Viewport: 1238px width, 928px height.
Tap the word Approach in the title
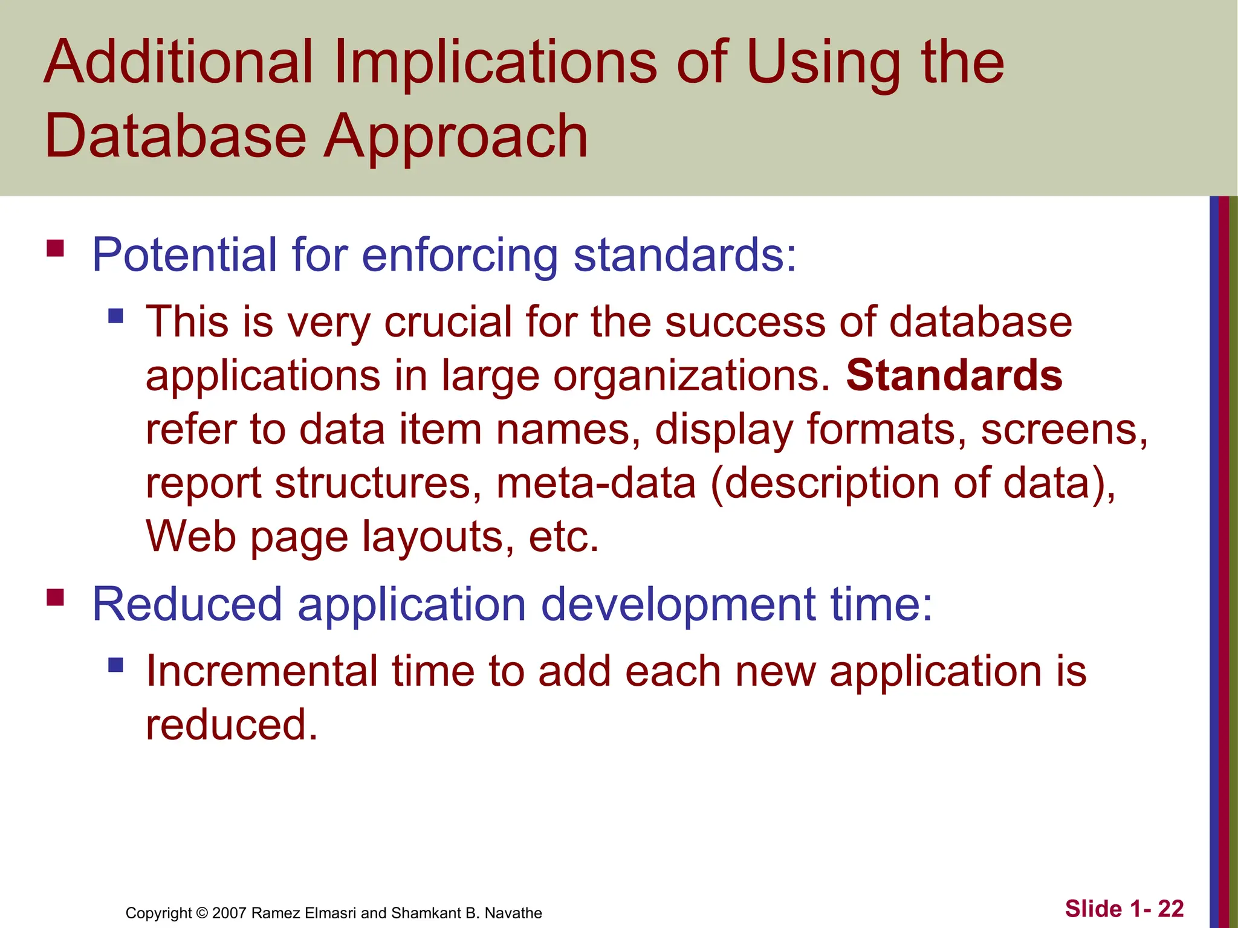coord(456,138)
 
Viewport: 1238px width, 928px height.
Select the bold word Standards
coord(954,376)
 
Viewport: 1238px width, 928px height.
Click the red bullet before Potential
coord(55,248)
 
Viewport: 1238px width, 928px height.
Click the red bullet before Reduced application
coord(55,598)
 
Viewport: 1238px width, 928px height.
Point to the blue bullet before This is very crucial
coord(115,315)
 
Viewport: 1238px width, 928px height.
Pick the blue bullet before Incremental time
coord(115,665)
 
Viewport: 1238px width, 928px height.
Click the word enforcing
coord(459,256)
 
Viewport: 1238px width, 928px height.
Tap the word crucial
coord(448,322)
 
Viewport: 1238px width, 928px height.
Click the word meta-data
coord(596,483)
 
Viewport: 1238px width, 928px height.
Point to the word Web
coord(190,536)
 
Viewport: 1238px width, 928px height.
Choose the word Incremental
coord(262,671)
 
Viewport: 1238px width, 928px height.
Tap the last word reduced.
coord(231,725)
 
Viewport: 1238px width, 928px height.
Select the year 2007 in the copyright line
coord(229,913)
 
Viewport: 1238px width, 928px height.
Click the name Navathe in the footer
coord(513,913)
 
